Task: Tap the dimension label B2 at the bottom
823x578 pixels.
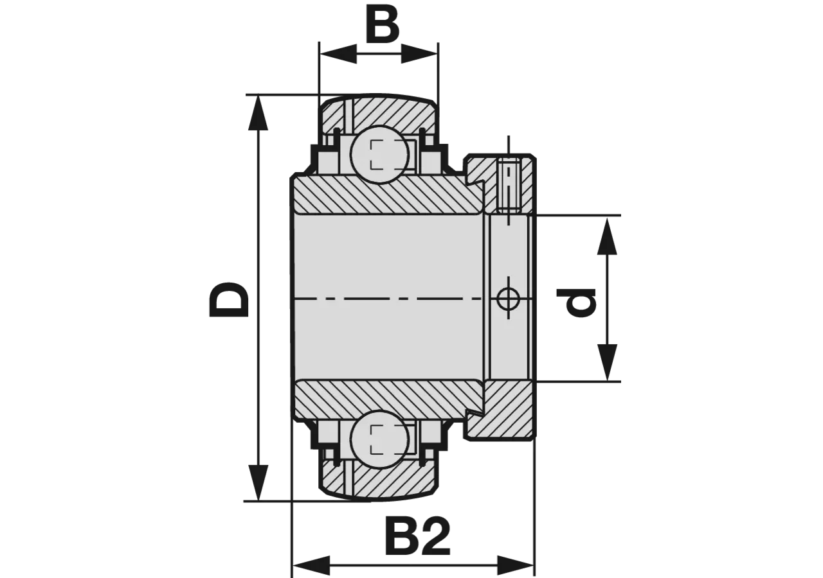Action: coord(417,536)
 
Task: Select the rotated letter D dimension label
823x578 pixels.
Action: coord(228,299)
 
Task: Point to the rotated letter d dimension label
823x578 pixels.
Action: coord(575,302)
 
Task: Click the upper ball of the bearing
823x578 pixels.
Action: coord(380,155)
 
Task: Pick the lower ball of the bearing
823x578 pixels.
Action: coord(380,439)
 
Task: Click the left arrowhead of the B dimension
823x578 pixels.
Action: coord(338,54)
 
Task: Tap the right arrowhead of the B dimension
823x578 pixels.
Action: coord(420,54)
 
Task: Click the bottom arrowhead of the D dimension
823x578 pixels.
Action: coord(258,482)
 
